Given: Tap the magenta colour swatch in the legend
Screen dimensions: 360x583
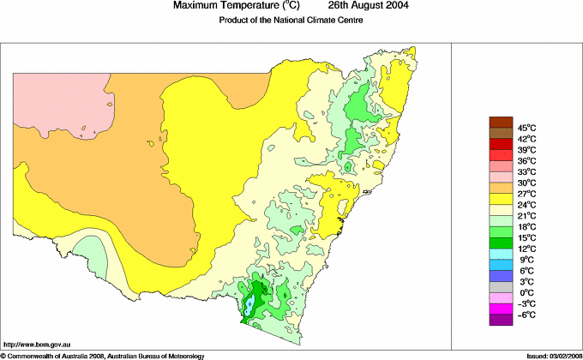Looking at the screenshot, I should pos(501,309).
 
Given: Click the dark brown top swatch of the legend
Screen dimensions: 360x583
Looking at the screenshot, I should pos(501,122).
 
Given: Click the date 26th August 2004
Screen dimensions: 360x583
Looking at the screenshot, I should pos(364,6).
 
